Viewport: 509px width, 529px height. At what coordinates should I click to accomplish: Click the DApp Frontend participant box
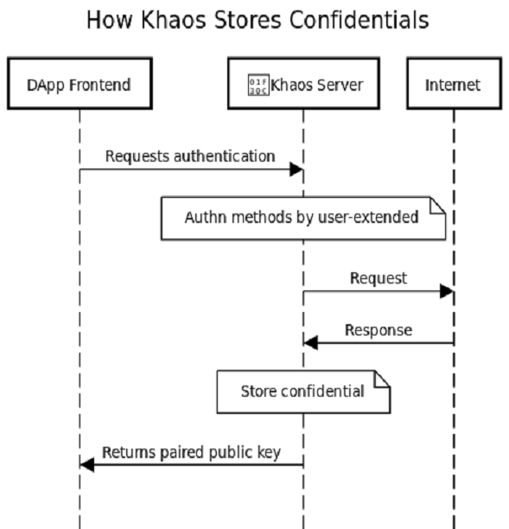click(80, 84)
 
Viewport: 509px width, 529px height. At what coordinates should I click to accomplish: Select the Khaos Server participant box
click(302, 84)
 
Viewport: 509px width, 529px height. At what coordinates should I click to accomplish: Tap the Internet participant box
click(452, 84)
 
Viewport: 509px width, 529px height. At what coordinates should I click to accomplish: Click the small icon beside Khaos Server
click(258, 85)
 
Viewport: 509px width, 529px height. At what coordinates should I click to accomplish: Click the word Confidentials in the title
click(362, 20)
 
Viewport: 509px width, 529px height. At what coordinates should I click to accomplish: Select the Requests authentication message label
click(190, 156)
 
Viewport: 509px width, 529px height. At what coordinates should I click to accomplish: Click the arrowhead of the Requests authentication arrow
click(296, 169)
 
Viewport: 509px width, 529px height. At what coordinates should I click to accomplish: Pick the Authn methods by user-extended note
click(302, 218)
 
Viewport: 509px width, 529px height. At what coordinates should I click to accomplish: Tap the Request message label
click(379, 278)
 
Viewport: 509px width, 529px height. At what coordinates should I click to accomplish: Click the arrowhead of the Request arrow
click(446, 291)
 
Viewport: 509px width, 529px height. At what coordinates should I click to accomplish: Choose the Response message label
click(379, 330)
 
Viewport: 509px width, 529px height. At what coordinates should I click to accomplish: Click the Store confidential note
click(302, 392)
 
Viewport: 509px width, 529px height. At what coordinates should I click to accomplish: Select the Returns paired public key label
click(191, 452)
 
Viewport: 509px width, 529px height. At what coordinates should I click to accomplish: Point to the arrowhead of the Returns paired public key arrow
click(86, 465)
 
